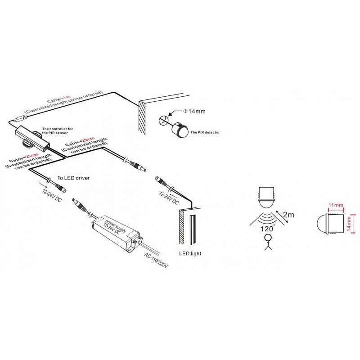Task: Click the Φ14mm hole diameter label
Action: pyautogui.click(x=194, y=111)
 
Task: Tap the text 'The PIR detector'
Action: pyautogui.click(x=205, y=132)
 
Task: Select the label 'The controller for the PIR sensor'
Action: pyautogui.click(x=58, y=131)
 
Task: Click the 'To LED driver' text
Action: pyautogui.click(x=73, y=178)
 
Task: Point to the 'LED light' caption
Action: pyautogui.click(x=190, y=253)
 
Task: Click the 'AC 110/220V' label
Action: pyautogui.click(x=157, y=261)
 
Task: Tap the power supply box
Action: pyautogui.click(x=116, y=234)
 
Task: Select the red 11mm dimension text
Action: pyautogui.click(x=336, y=205)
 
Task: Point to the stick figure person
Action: pyautogui.click(x=268, y=242)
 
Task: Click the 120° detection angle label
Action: pyautogui.click(x=267, y=229)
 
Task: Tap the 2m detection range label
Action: pyautogui.click(x=288, y=215)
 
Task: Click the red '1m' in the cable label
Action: pyautogui.click(x=67, y=97)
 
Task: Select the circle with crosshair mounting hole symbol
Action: pyautogui.click(x=163, y=120)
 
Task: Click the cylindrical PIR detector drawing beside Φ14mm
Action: pyautogui.click(x=180, y=128)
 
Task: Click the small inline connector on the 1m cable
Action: pyautogui.click(x=20, y=119)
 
